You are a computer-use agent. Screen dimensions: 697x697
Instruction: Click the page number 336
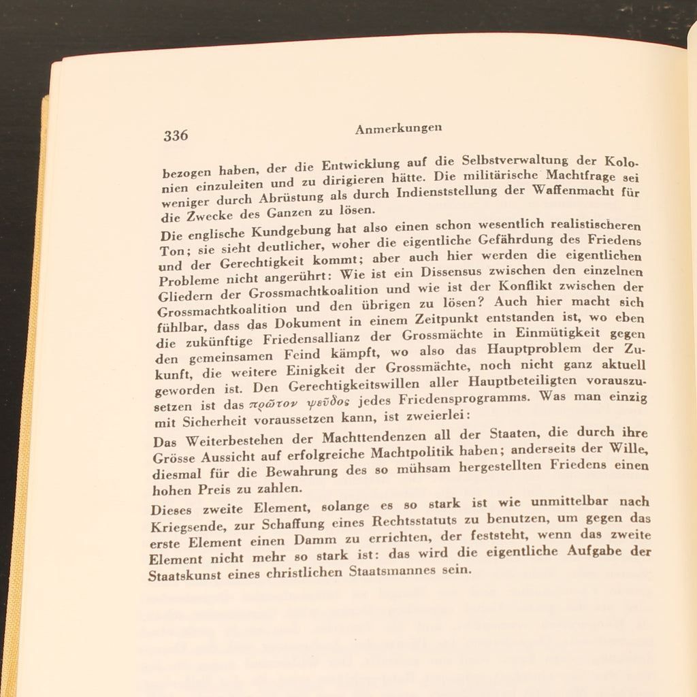coord(176,135)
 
